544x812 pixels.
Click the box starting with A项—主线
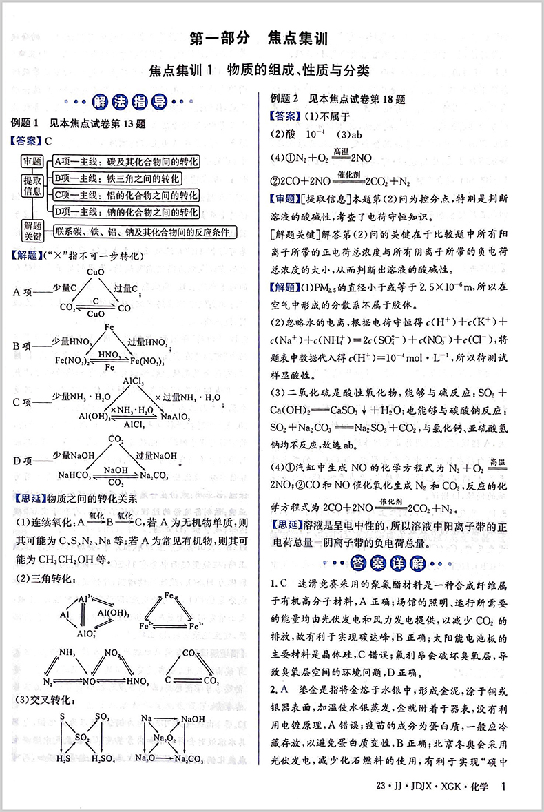[x=127, y=162]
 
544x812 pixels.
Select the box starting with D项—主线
[x=127, y=213]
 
